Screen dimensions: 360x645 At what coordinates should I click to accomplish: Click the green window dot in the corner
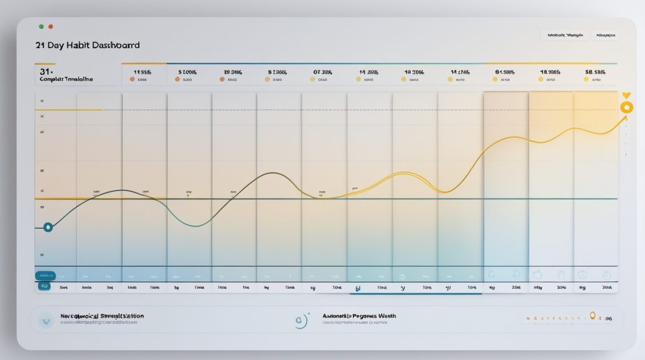tap(41, 26)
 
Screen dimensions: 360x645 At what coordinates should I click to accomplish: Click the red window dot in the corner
tap(51, 26)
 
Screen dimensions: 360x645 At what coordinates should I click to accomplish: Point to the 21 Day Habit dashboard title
tap(87, 45)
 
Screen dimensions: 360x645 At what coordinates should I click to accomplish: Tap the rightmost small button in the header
tap(605, 35)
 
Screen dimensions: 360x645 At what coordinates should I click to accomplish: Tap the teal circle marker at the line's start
tap(48, 227)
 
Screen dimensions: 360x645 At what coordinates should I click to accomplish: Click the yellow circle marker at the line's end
tap(626, 108)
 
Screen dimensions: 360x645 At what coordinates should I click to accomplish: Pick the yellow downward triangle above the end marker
tap(626, 95)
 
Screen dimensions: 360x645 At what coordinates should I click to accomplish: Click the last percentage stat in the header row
tap(595, 72)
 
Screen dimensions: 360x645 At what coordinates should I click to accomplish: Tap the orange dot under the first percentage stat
tap(132, 79)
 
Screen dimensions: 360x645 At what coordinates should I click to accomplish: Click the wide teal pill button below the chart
tap(45, 275)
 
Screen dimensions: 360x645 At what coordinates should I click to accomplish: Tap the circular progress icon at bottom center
tap(300, 320)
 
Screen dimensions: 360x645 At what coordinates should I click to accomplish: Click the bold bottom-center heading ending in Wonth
tap(359, 316)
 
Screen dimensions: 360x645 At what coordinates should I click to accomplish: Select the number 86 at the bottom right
tap(608, 319)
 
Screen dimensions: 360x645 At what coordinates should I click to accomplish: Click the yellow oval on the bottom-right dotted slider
tap(593, 315)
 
